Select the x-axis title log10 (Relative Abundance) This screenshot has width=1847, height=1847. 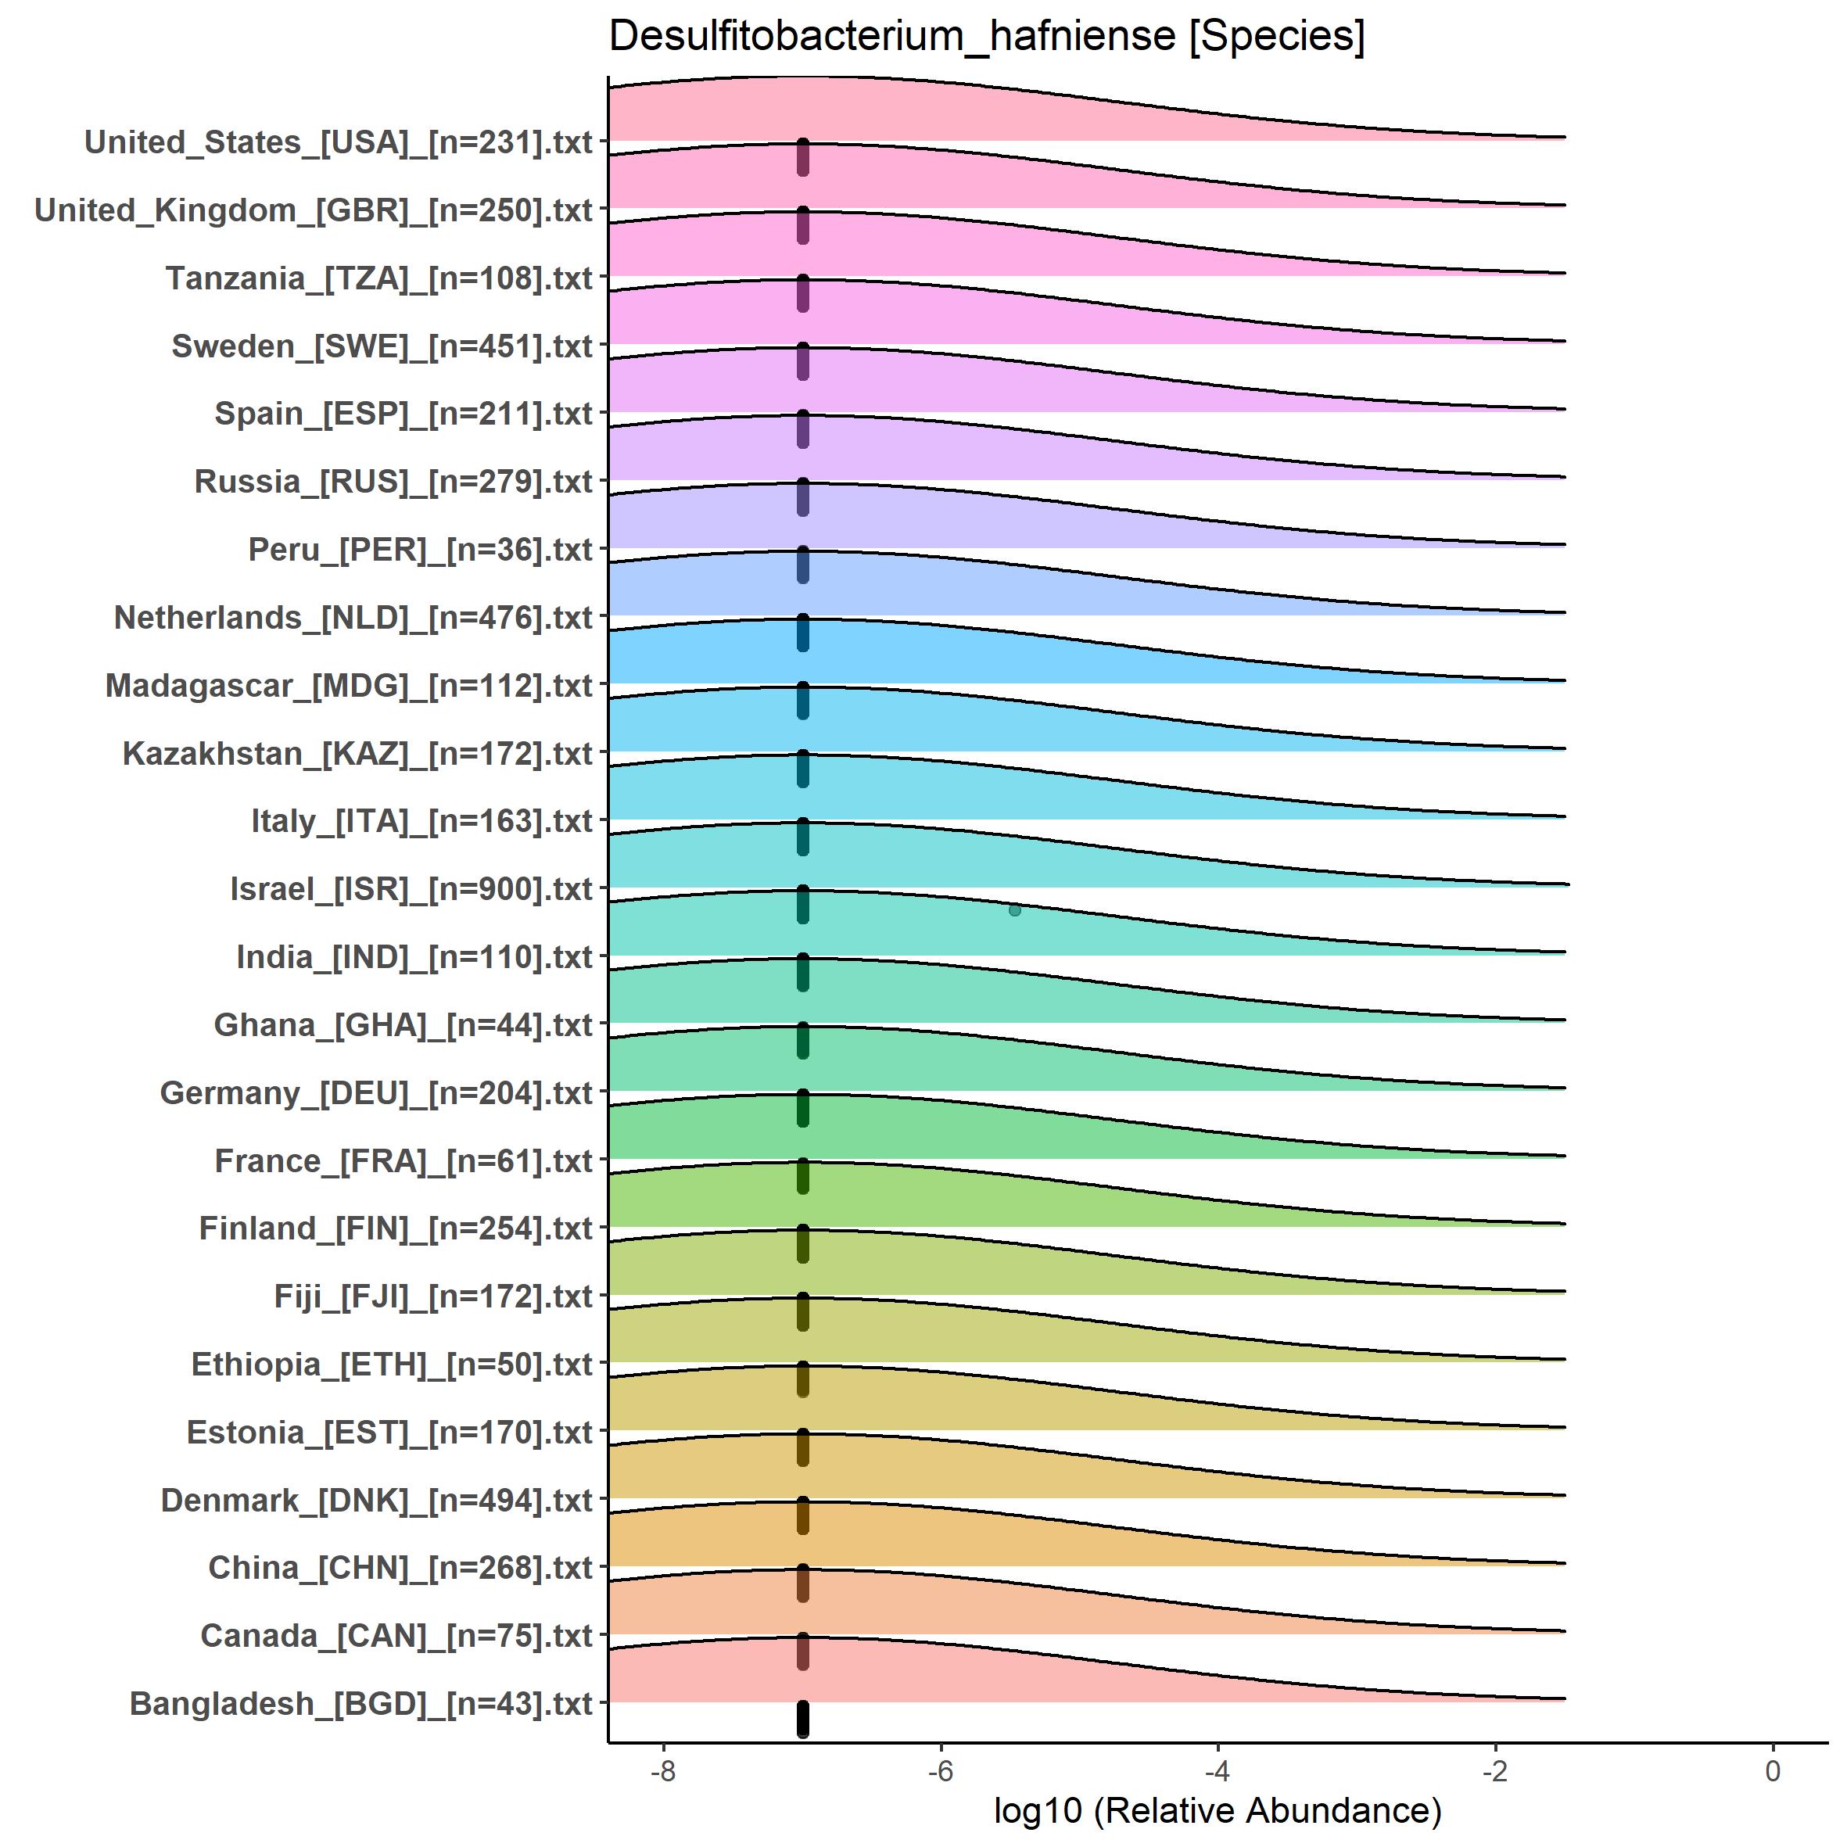click(x=1217, y=1809)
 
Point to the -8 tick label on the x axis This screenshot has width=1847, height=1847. click(x=662, y=1770)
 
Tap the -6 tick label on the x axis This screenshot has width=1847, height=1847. click(x=940, y=1770)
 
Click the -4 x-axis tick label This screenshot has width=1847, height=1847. click(x=1217, y=1770)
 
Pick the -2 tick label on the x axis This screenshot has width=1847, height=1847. click(x=1495, y=1770)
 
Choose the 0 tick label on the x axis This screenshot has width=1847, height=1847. click(x=1773, y=1770)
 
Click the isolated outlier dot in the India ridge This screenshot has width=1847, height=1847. click(x=1014, y=910)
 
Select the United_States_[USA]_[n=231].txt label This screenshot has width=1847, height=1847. click(x=339, y=142)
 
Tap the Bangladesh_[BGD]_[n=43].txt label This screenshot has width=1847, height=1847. click(x=361, y=1704)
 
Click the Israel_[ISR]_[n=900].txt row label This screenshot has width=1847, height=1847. click(x=411, y=889)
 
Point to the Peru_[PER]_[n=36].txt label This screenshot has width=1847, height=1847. click(x=421, y=550)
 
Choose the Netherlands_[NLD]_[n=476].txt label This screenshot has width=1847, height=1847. click(x=353, y=618)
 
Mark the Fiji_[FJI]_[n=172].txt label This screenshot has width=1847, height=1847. click(x=433, y=1296)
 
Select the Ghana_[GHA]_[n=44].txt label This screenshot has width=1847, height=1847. click(x=403, y=1025)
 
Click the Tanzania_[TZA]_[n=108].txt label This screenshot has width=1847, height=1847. click(x=379, y=278)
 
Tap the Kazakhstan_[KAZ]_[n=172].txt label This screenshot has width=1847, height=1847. click(x=357, y=753)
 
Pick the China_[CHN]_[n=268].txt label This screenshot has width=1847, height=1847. click(x=400, y=1568)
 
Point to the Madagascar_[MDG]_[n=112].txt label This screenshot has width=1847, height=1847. click(x=349, y=686)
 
